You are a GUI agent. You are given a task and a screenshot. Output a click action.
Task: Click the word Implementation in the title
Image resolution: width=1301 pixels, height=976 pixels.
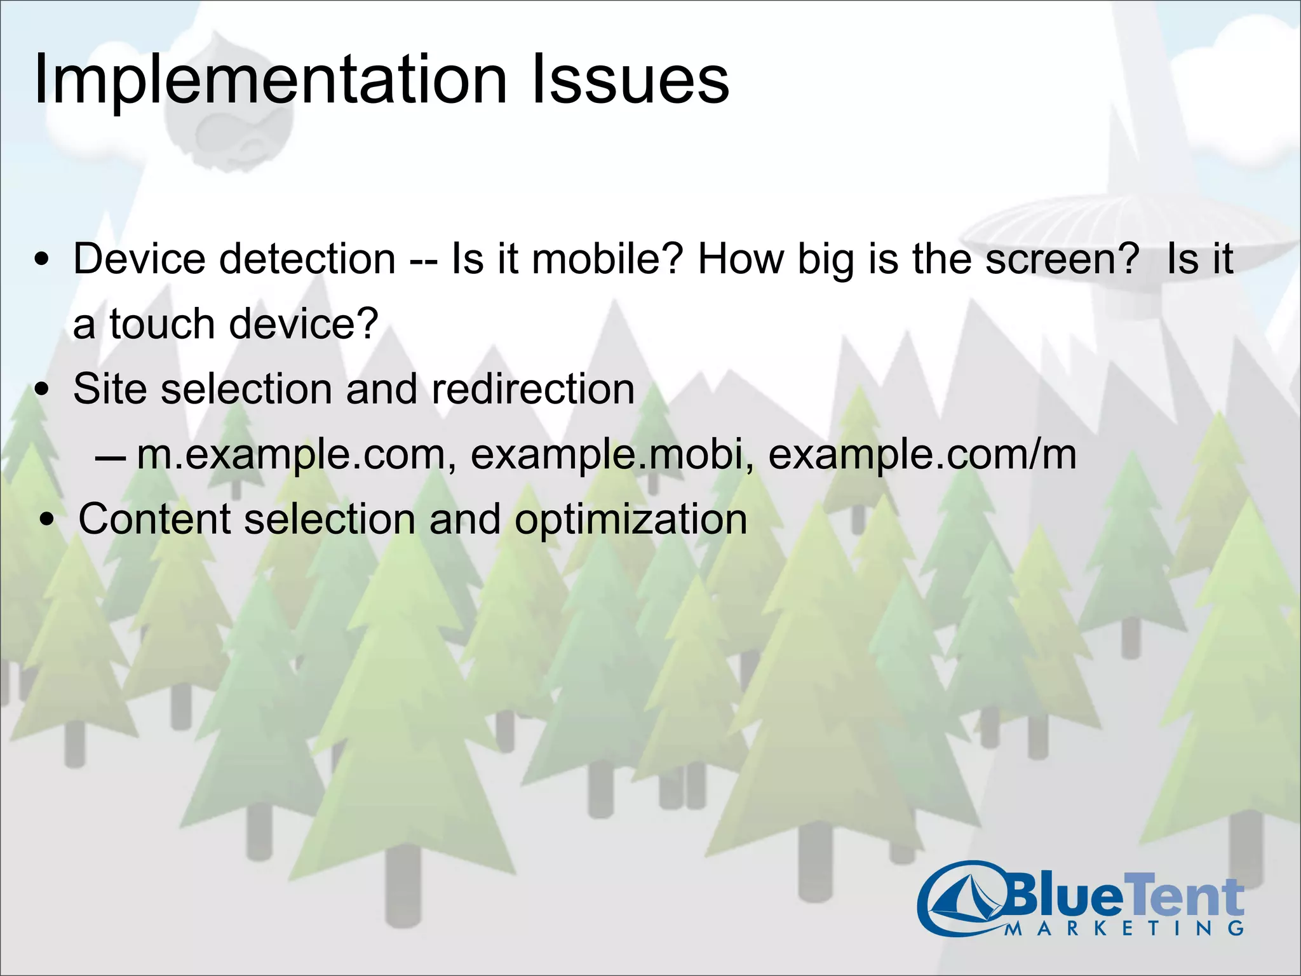(x=270, y=81)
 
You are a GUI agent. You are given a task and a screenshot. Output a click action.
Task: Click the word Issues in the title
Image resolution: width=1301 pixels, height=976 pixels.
(x=629, y=81)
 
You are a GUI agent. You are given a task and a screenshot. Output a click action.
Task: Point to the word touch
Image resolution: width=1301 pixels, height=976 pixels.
(x=163, y=324)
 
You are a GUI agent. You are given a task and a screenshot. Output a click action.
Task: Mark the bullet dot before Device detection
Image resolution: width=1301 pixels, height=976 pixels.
(x=43, y=261)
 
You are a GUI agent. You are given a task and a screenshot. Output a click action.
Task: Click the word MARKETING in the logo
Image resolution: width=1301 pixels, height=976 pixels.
(x=1124, y=928)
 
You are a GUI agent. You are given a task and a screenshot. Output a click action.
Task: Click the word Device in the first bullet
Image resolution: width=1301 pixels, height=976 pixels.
(x=139, y=259)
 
